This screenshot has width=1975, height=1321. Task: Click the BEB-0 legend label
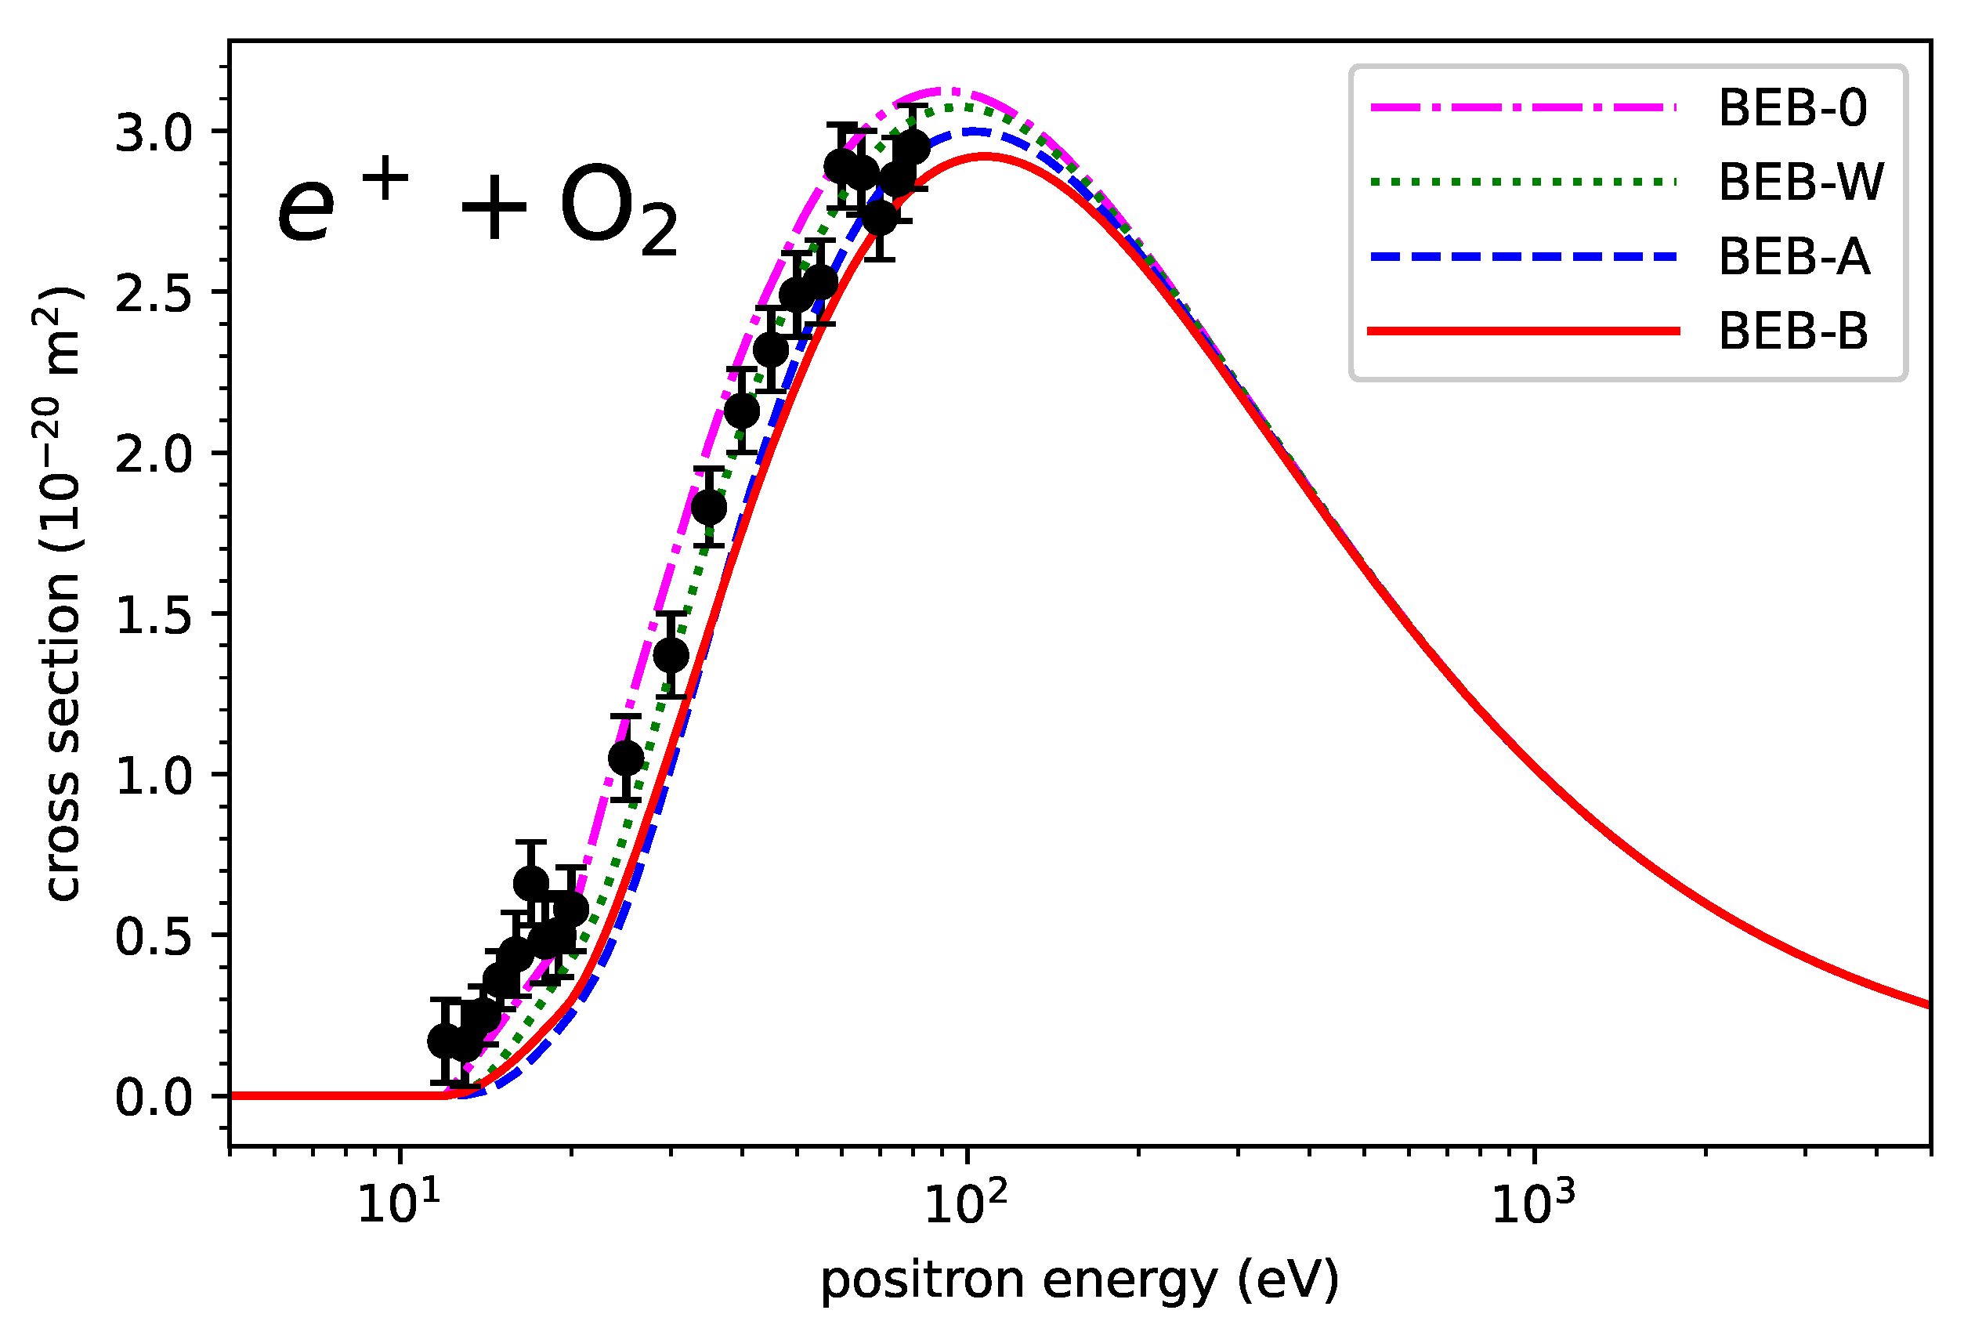pos(1792,109)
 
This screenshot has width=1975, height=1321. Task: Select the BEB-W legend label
pos(1800,182)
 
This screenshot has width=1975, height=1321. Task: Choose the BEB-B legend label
pos(1792,331)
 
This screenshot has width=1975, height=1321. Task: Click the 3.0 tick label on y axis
pos(154,133)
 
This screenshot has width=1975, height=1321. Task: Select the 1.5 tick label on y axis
pos(154,616)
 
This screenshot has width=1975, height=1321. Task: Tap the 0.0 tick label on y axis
pos(154,1098)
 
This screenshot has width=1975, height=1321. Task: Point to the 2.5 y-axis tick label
pos(154,294)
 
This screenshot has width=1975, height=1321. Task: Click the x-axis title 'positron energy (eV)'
pos(1080,1280)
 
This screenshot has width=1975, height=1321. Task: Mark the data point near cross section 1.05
pos(626,758)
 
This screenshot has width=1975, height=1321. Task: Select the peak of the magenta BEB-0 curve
pos(945,89)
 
